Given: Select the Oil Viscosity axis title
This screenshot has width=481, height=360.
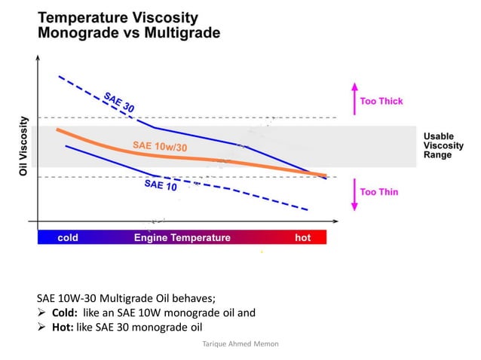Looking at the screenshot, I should pos(23,146).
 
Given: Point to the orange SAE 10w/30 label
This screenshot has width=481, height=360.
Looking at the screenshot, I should pos(160,146).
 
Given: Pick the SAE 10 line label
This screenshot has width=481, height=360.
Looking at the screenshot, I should pos(161,185).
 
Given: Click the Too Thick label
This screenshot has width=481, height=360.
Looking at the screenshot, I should pos(381,101).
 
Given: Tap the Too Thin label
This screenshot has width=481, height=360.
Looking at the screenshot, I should pos(379,192).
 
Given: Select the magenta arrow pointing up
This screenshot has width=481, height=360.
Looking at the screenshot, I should pos(352,97).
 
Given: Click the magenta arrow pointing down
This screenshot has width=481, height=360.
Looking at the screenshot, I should pos(352,194).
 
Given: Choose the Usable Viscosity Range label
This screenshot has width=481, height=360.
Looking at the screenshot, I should pos(438,145).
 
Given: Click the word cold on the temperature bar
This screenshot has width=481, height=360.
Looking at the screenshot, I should pos(68,238).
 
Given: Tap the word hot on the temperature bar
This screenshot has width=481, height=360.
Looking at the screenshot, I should pos(302,238).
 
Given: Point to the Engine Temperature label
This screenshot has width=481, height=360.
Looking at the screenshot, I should pos(182,238).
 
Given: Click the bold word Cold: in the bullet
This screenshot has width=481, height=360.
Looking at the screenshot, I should pos(68,312).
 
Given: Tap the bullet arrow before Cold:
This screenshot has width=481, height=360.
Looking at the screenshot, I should pos(42,312).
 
